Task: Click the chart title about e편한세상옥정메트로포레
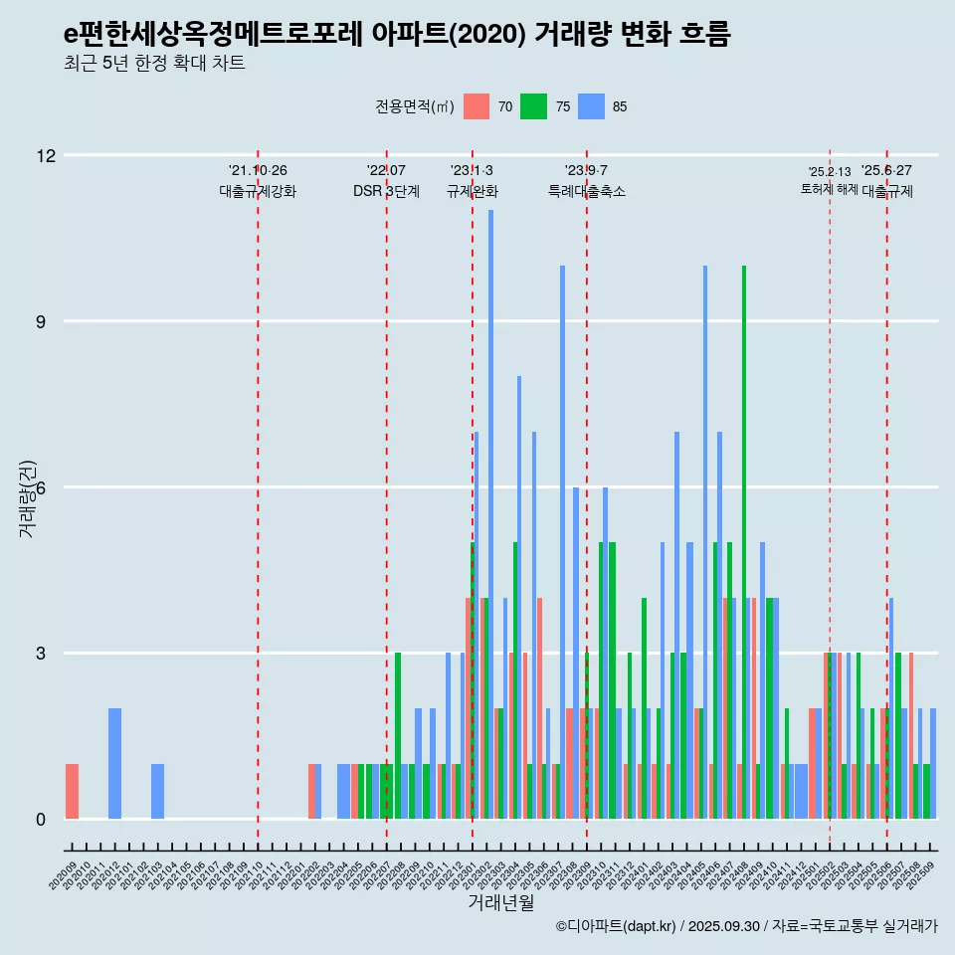pos(397,35)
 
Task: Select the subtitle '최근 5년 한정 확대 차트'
pos(154,64)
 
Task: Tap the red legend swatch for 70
pos(477,106)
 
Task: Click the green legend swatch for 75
pos(534,106)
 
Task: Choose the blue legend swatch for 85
pos(592,106)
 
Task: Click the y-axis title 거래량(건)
pos(27,497)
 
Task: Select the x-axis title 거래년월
pos(500,903)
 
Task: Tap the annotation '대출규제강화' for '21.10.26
pos(258,191)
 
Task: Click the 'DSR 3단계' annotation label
pos(386,191)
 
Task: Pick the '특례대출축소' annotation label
pos(587,191)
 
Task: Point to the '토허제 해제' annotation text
pos(830,189)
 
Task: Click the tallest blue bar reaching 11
pos(490,514)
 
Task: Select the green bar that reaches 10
pos(744,542)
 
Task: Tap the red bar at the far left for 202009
pos(72,792)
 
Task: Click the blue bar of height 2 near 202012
pos(114,764)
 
